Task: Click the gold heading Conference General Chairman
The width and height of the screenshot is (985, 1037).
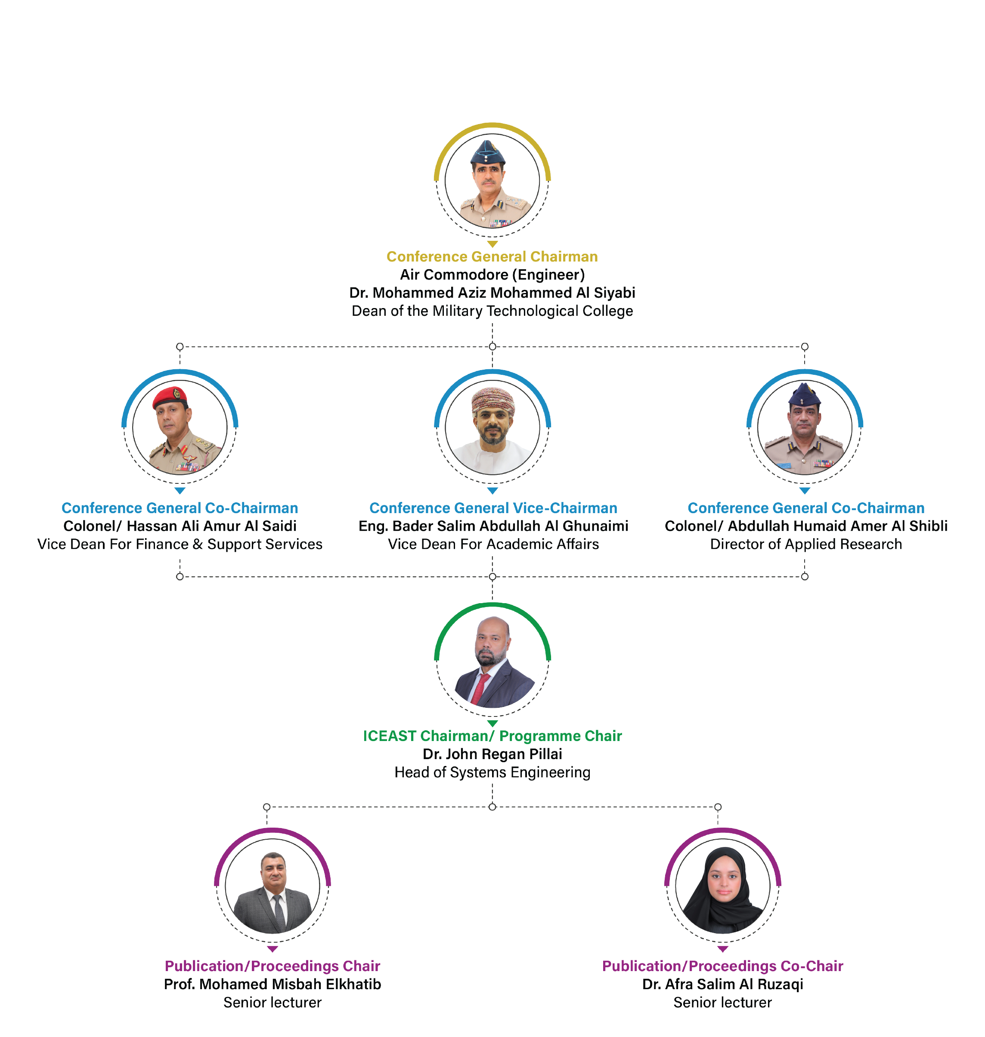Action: pos(492,256)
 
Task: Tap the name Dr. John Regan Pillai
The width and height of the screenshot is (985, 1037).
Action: pos(492,754)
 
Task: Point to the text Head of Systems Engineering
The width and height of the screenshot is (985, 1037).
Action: pos(492,772)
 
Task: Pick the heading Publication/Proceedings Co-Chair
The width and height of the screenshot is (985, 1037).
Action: pos(722,966)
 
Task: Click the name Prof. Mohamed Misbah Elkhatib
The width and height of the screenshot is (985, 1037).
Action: pos(273,984)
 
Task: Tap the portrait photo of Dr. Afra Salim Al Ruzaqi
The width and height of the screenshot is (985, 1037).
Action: pos(722,888)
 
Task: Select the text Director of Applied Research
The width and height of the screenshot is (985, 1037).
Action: pos(806,544)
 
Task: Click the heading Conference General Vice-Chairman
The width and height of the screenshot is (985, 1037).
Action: pos(493,508)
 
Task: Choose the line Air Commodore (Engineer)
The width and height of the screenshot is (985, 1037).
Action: pos(492,274)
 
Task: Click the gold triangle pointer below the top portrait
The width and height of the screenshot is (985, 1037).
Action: pos(492,244)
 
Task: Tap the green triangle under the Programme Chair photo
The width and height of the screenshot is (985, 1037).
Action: pos(492,723)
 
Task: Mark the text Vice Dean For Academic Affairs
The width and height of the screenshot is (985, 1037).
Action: pos(493,544)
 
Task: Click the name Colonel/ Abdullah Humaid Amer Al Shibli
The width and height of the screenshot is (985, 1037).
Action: pos(806,526)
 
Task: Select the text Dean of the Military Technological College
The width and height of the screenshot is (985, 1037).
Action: pos(492,311)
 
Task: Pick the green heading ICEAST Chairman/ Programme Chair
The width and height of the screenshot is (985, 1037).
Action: pos(492,736)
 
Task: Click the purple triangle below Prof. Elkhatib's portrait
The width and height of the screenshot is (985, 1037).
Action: pos(273,949)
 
